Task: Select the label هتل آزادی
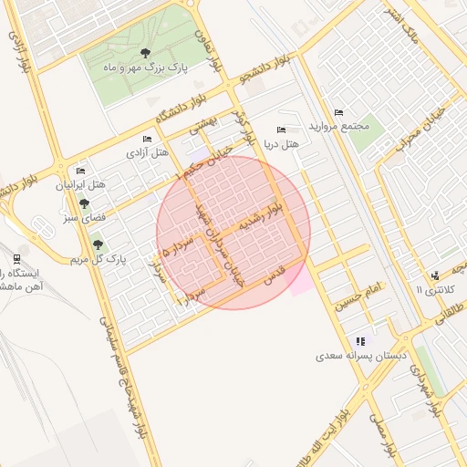[x=148, y=152]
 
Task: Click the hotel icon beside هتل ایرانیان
[x=80, y=171]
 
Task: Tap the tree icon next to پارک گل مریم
[x=98, y=244]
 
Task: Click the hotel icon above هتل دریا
[x=280, y=130]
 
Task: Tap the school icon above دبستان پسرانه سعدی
[x=360, y=340]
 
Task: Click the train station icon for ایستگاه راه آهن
[x=16, y=259]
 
